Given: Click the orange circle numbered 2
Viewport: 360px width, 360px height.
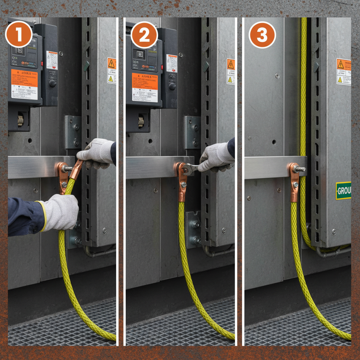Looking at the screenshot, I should click(x=144, y=35).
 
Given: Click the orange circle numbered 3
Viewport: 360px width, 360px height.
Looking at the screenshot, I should click(x=262, y=35).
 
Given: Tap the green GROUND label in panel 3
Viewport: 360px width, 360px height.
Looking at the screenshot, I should click(x=343, y=191).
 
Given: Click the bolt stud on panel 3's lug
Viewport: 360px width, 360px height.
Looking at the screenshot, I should click(x=300, y=169).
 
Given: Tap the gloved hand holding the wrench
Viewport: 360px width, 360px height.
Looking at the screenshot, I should click(x=216, y=157).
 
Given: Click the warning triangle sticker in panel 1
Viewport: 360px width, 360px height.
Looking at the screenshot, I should click(x=111, y=70).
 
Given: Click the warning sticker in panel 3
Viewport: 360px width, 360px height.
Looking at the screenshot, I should click(x=343, y=71).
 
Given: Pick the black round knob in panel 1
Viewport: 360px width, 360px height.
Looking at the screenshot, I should click(x=52, y=83).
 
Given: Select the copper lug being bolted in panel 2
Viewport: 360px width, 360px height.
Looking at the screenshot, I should click(x=182, y=183).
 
